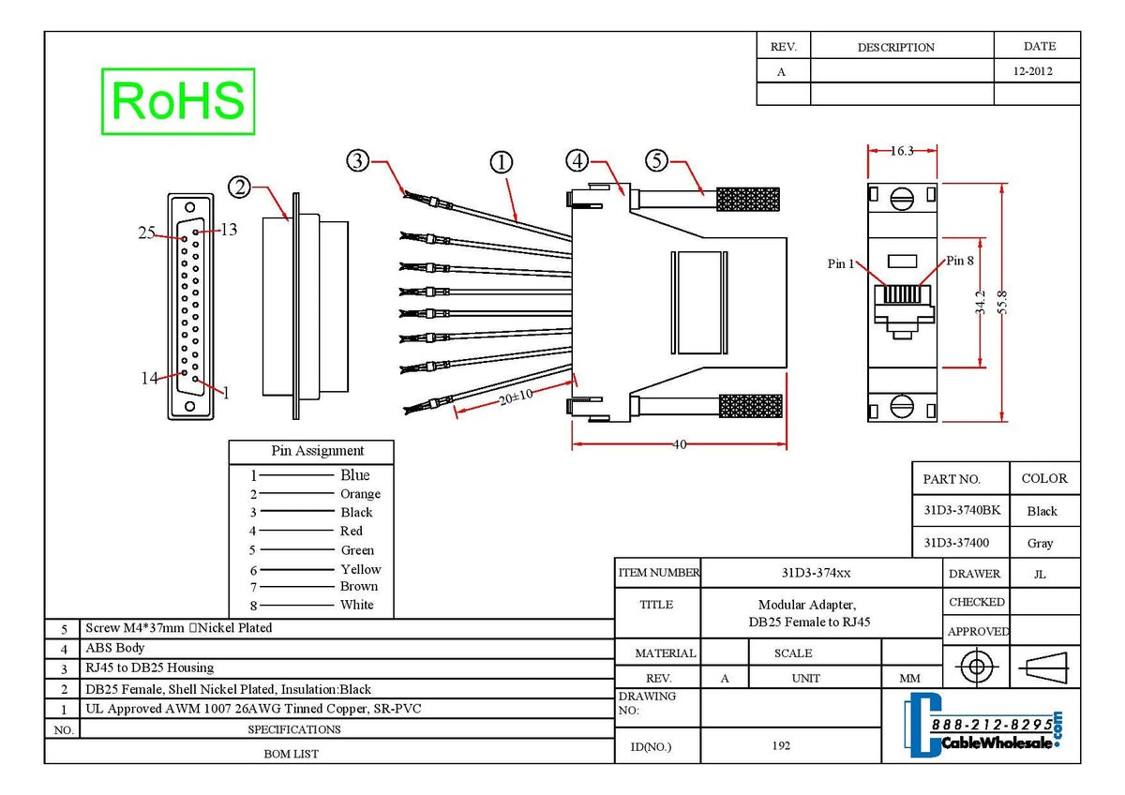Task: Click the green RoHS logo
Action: tap(178, 100)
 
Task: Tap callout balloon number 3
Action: tap(357, 161)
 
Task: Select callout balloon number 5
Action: tap(657, 161)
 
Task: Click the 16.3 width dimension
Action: tap(902, 150)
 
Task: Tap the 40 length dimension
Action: tap(680, 444)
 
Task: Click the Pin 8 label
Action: tap(960, 261)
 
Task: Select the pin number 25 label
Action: tap(147, 232)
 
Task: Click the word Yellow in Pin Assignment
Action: tap(361, 569)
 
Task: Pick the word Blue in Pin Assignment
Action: tap(355, 475)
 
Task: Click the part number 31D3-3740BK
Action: tap(962, 511)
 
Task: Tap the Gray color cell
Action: tap(1041, 543)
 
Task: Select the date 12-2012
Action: tap(1033, 71)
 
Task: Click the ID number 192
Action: tap(782, 746)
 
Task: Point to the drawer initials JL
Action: tap(1040, 574)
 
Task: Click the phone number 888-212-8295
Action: tap(991, 725)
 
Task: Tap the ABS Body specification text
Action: tap(115, 648)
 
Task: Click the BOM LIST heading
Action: tap(291, 754)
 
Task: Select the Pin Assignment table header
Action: tap(318, 451)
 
